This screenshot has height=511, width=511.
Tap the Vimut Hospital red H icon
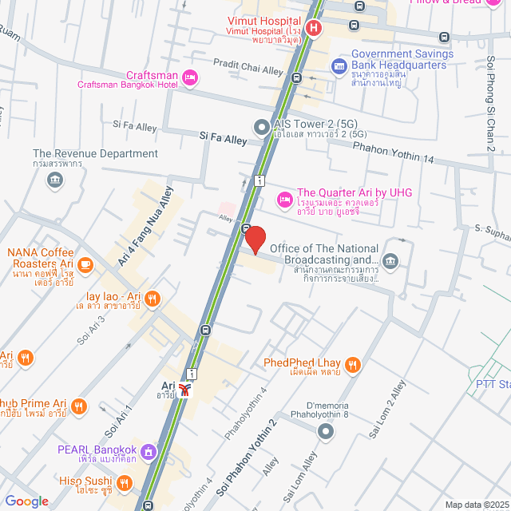point(314,28)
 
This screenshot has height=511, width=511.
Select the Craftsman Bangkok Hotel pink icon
point(190,77)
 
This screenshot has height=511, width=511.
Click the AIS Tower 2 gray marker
point(261,126)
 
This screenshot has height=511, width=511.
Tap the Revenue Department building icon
point(54,179)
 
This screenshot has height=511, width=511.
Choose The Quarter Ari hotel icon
point(283,198)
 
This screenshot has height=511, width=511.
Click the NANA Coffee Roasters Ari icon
point(85,264)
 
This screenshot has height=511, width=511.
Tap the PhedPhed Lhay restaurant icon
point(353,366)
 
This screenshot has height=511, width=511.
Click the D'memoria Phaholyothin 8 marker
point(325,432)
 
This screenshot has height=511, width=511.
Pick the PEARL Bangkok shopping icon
point(147,453)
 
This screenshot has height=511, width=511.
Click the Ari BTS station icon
point(185,390)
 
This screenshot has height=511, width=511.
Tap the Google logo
point(26,501)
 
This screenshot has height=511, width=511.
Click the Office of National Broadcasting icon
point(390,260)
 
